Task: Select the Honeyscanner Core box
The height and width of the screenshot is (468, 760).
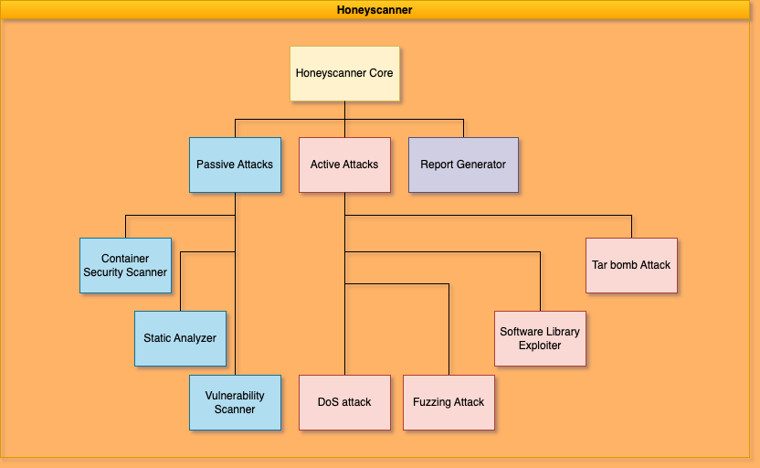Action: pyautogui.click(x=344, y=73)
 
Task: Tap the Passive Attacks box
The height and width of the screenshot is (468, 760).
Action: pyautogui.click(x=235, y=165)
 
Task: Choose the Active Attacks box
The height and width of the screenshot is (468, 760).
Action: pyautogui.click(x=344, y=165)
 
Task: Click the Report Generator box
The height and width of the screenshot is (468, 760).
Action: pyautogui.click(x=463, y=165)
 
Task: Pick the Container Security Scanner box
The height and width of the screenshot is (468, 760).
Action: pyautogui.click(x=125, y=265)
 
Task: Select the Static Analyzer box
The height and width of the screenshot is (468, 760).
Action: pyautogui.click(x=180, y=338)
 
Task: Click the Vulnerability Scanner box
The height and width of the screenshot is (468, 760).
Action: pyautogui.click(x=235, y=402)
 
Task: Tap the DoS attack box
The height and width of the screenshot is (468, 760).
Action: pyautogui.click(x=344, y=402)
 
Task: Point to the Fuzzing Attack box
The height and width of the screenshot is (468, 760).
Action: pyautogui.click(x=449, y=402)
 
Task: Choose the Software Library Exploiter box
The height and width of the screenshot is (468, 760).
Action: pyautogui.click(x=540, y=338)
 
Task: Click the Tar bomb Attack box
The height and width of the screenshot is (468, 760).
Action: pyautogui.click(x=631, y=265)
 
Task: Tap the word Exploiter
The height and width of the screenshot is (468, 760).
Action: pyautogui.click(x=540, y=346)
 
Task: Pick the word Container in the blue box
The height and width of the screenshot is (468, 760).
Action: pyautogui.click(x=125, y=259)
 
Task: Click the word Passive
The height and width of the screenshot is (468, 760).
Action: pyautogui.click(x=216, y=165)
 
